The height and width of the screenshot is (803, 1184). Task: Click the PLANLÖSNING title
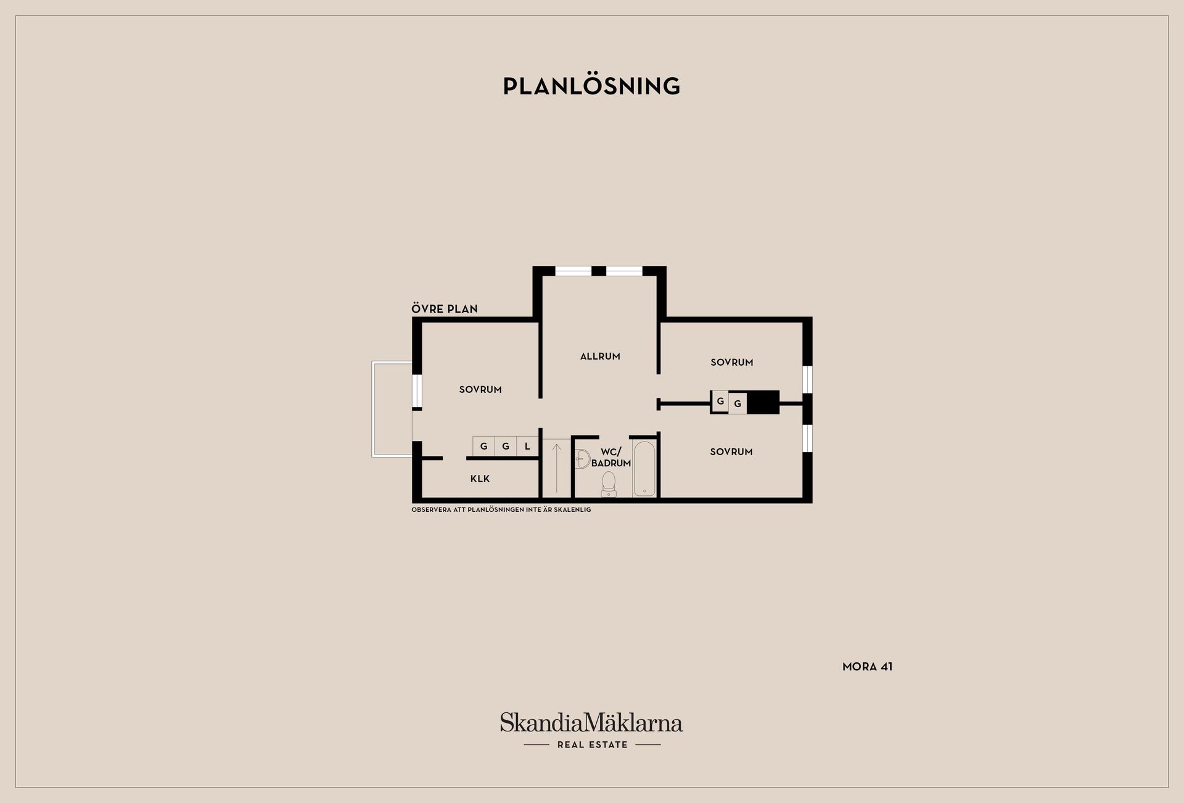pyautogui.click(x=591, y=86)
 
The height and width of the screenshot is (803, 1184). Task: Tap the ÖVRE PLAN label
pyautogui.click(x=445, y=308)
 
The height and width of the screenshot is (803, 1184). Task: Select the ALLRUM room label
pyautogui.click(x=600, y=356)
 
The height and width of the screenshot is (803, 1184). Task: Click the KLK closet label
pyautogui.click(x=480, y=479)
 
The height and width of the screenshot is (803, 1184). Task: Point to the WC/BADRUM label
pyautogui.click(x=611, y=458)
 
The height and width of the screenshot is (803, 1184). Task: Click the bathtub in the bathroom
pyautogui.click(x=644, y=468)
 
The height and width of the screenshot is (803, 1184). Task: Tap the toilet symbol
pyautogui.click(x=609, y=484)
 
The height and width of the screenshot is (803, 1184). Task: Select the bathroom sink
pyautogui.click(x=582, y=458)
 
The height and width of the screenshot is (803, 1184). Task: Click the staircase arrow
pyautogui.click(x=557, y=467)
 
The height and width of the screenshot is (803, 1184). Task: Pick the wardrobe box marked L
pyautogui.click(x=527, y=446)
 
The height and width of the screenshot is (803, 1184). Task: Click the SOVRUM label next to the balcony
pyautogui.click(x=480, y=389)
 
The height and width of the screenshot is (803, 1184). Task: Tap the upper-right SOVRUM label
pyautogui.click(x=732, y=362)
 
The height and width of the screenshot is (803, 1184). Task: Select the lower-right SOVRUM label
pyautogui.click(x=731, y=451)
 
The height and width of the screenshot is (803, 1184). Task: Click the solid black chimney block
pyautogui.click(x=763, y=402)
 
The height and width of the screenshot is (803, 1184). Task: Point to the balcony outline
pyautogui.click(x=372, y=409)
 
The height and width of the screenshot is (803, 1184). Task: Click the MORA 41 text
pyautogui.click(x=868, y=666)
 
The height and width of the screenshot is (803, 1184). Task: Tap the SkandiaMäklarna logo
pyautogui.click(x=591, y=722)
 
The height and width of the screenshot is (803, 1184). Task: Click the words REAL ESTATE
pyautogui.click(x=593, y=744)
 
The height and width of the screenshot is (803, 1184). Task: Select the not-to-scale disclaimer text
pyautogui.click(x=501, y=509)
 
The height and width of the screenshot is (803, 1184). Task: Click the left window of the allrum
pyautogui.click(x=573, y=271)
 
